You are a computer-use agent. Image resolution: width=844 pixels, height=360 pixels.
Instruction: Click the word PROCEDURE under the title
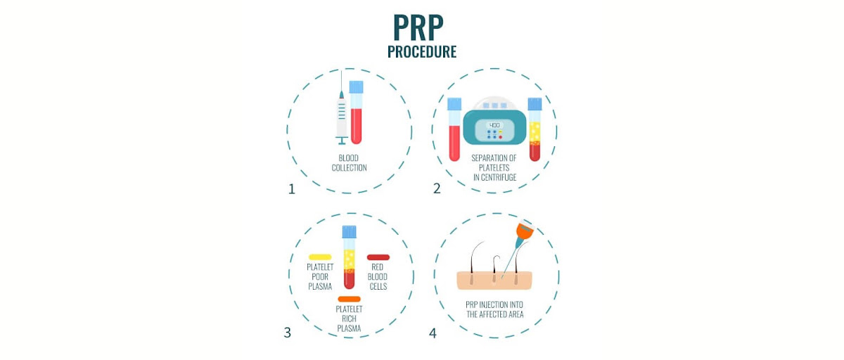[421, 52]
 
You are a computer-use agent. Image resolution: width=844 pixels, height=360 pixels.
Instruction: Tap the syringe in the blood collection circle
[342, 112]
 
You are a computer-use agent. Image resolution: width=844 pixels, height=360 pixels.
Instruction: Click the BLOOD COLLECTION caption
[349, 163]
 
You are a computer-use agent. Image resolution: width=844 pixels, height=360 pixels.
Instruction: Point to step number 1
[291, 188]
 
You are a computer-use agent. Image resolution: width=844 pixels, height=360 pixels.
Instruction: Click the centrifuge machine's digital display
[494, 124]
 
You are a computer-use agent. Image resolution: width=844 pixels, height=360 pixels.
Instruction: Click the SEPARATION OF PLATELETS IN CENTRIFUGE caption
[494, 168]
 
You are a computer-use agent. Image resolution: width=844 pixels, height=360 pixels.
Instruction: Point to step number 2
[437, 188]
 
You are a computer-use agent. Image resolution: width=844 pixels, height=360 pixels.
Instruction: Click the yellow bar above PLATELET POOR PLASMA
[319, 257]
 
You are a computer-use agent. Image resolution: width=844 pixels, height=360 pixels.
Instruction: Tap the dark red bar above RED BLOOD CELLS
[378, 257]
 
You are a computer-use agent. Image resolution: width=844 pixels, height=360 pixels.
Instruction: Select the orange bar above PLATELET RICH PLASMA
[349, 299]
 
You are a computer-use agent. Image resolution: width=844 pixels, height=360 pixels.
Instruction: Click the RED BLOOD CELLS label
[378, 276]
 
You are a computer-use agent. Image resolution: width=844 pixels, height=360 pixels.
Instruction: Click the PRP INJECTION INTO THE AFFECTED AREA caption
[494, 309]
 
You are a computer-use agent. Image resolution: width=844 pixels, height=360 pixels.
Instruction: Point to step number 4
[433, 333]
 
